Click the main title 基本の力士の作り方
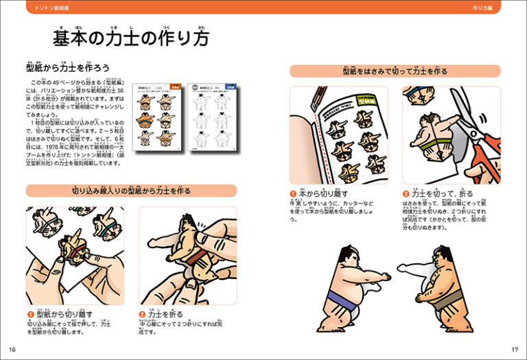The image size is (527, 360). coord(131,37)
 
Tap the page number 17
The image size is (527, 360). coord(515,350)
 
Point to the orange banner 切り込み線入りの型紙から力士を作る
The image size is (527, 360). coord(131,191)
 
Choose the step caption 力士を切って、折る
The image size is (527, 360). coord(439,193)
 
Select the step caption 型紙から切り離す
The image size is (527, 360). coord(62,313)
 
